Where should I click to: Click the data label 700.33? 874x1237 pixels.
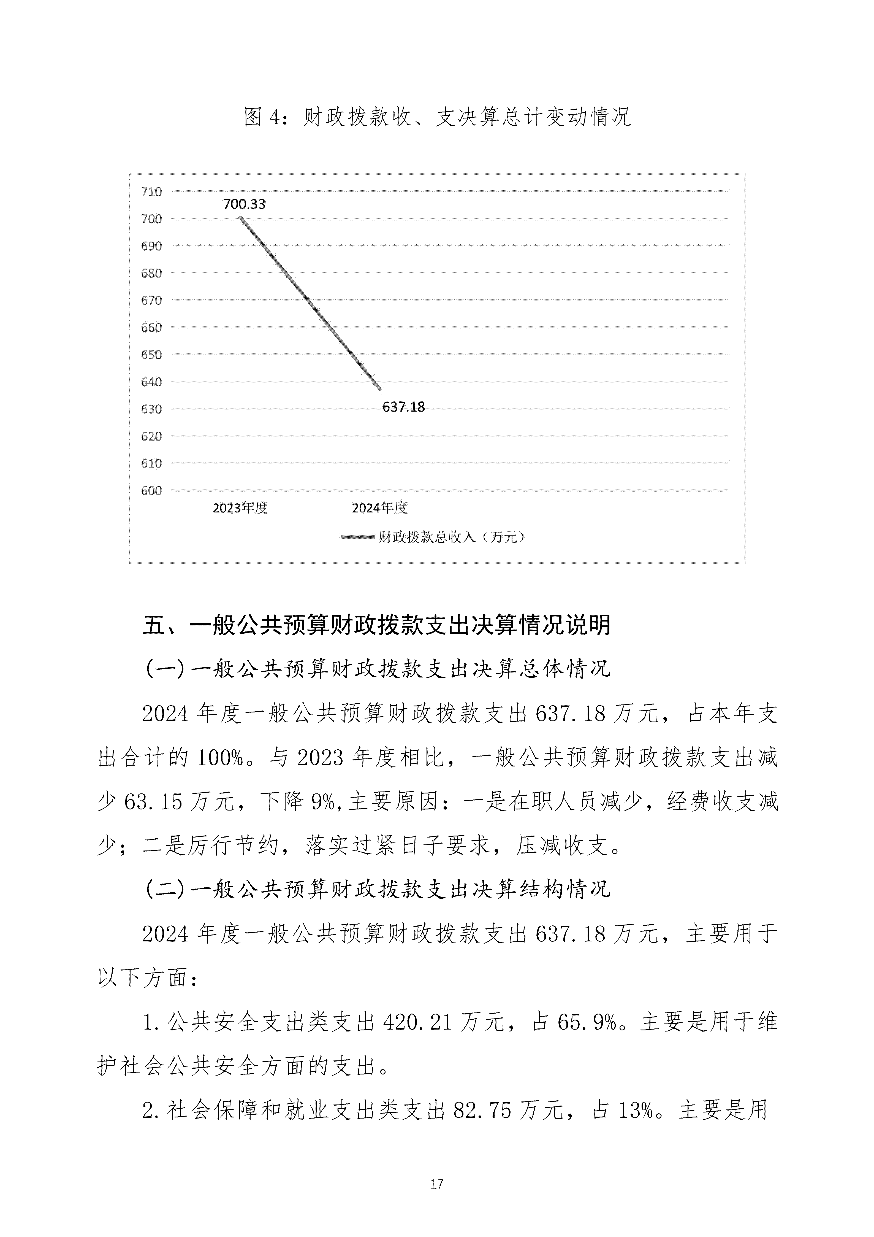(244, 204)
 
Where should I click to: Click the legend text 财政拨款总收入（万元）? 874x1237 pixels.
(451, 537)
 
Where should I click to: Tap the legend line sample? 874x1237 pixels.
(358, 537)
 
